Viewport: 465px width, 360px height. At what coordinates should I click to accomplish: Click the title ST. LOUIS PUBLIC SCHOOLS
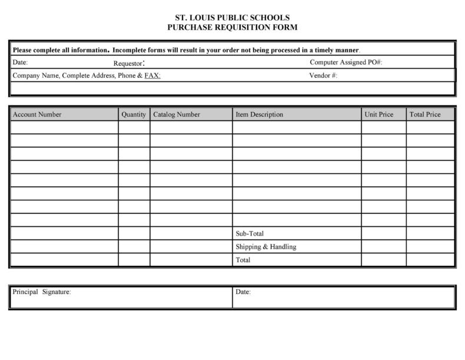[x=232, y=18]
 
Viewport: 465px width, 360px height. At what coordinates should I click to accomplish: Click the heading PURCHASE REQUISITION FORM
[x=232, y=27]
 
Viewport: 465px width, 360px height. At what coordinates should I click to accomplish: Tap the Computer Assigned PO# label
[x=346, y=62]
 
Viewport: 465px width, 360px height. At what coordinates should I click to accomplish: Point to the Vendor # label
[x=323, y=75]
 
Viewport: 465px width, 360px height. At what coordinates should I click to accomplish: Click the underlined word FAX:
[x=152, y=75]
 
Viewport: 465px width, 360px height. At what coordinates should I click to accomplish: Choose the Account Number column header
[x=37, y=114]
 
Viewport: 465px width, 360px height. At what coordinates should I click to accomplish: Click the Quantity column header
[x=134, y=114]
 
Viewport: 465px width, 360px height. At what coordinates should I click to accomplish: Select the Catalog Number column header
[x=177, y=114]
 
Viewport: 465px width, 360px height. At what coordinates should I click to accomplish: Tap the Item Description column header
[x=259, y=114]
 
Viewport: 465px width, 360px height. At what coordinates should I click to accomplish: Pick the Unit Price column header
[x=378, y=114]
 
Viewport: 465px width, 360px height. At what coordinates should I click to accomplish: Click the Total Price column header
[x=424, y=114]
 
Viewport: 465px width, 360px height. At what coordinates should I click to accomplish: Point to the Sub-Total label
[x=250, y=233]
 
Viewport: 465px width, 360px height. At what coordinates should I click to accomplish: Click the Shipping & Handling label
[x=265, y=247]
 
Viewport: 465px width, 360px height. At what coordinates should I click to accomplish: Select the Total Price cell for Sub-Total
[x=430, y=233]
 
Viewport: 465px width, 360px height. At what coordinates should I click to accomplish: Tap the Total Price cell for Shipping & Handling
[x=430, y=247]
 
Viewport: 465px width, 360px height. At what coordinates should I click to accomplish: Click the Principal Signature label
[x=42, y=292]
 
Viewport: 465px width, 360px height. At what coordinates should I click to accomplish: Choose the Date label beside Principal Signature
[x=243, y=292]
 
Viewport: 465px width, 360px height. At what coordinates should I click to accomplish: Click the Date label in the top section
[x=20, y=62]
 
